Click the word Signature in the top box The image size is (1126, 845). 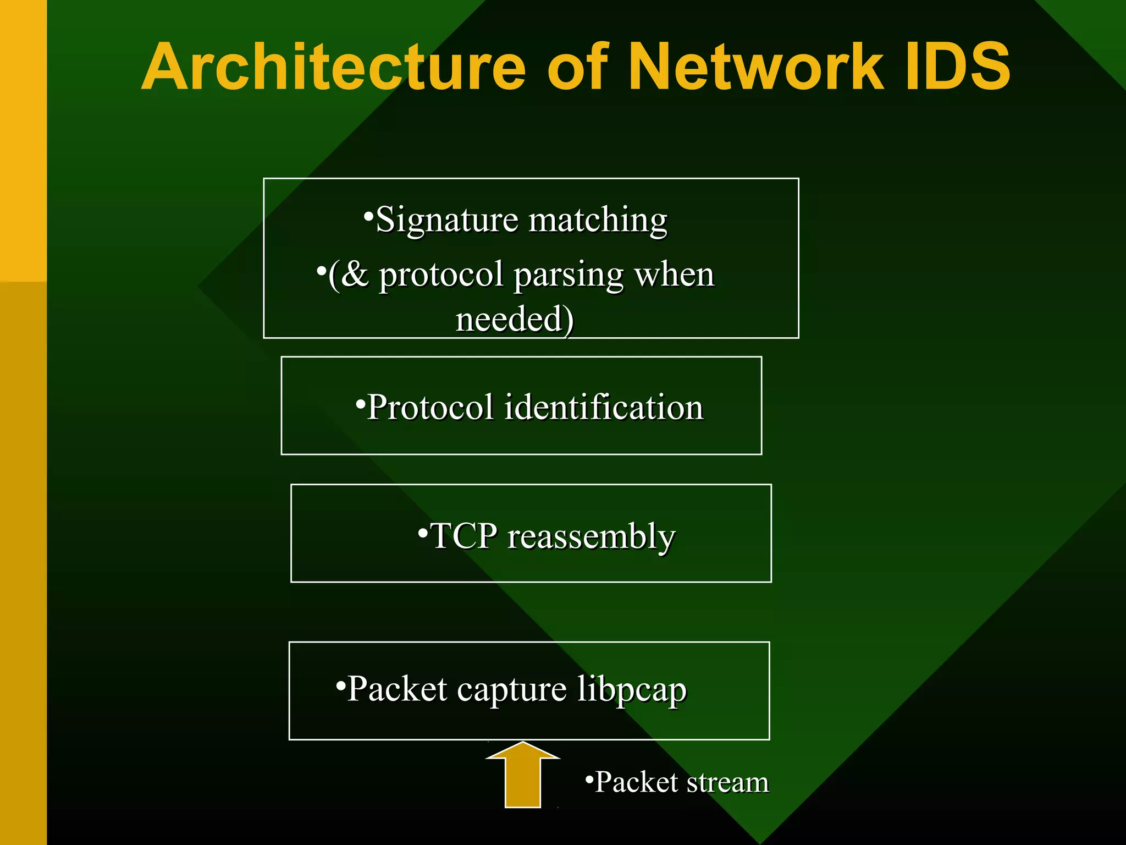click(x=446, y=220)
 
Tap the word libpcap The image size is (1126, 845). click(x=632, y=690)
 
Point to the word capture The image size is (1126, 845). click(x=511, y=690)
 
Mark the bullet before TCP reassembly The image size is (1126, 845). click(x=422, y=532)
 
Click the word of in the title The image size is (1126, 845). click(x=577, y=67)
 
